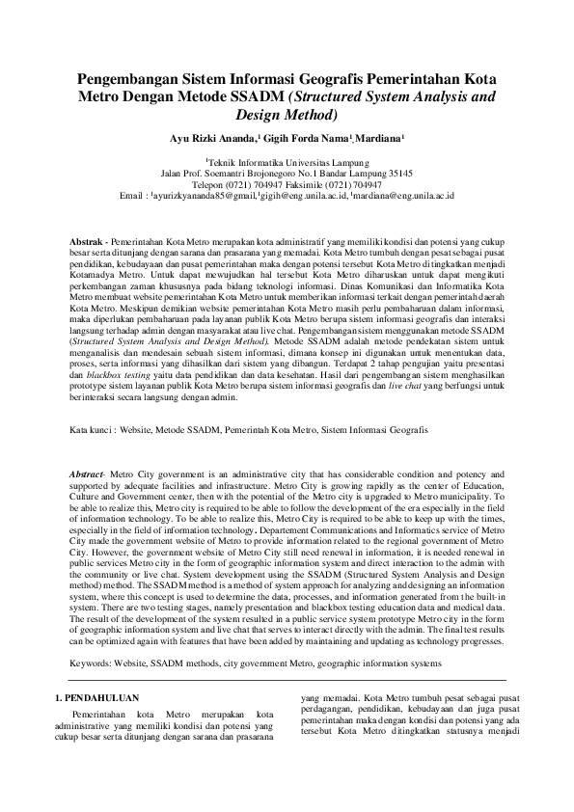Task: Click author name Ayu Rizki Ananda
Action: coord(214,139)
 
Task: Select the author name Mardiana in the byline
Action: coord(379,139)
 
